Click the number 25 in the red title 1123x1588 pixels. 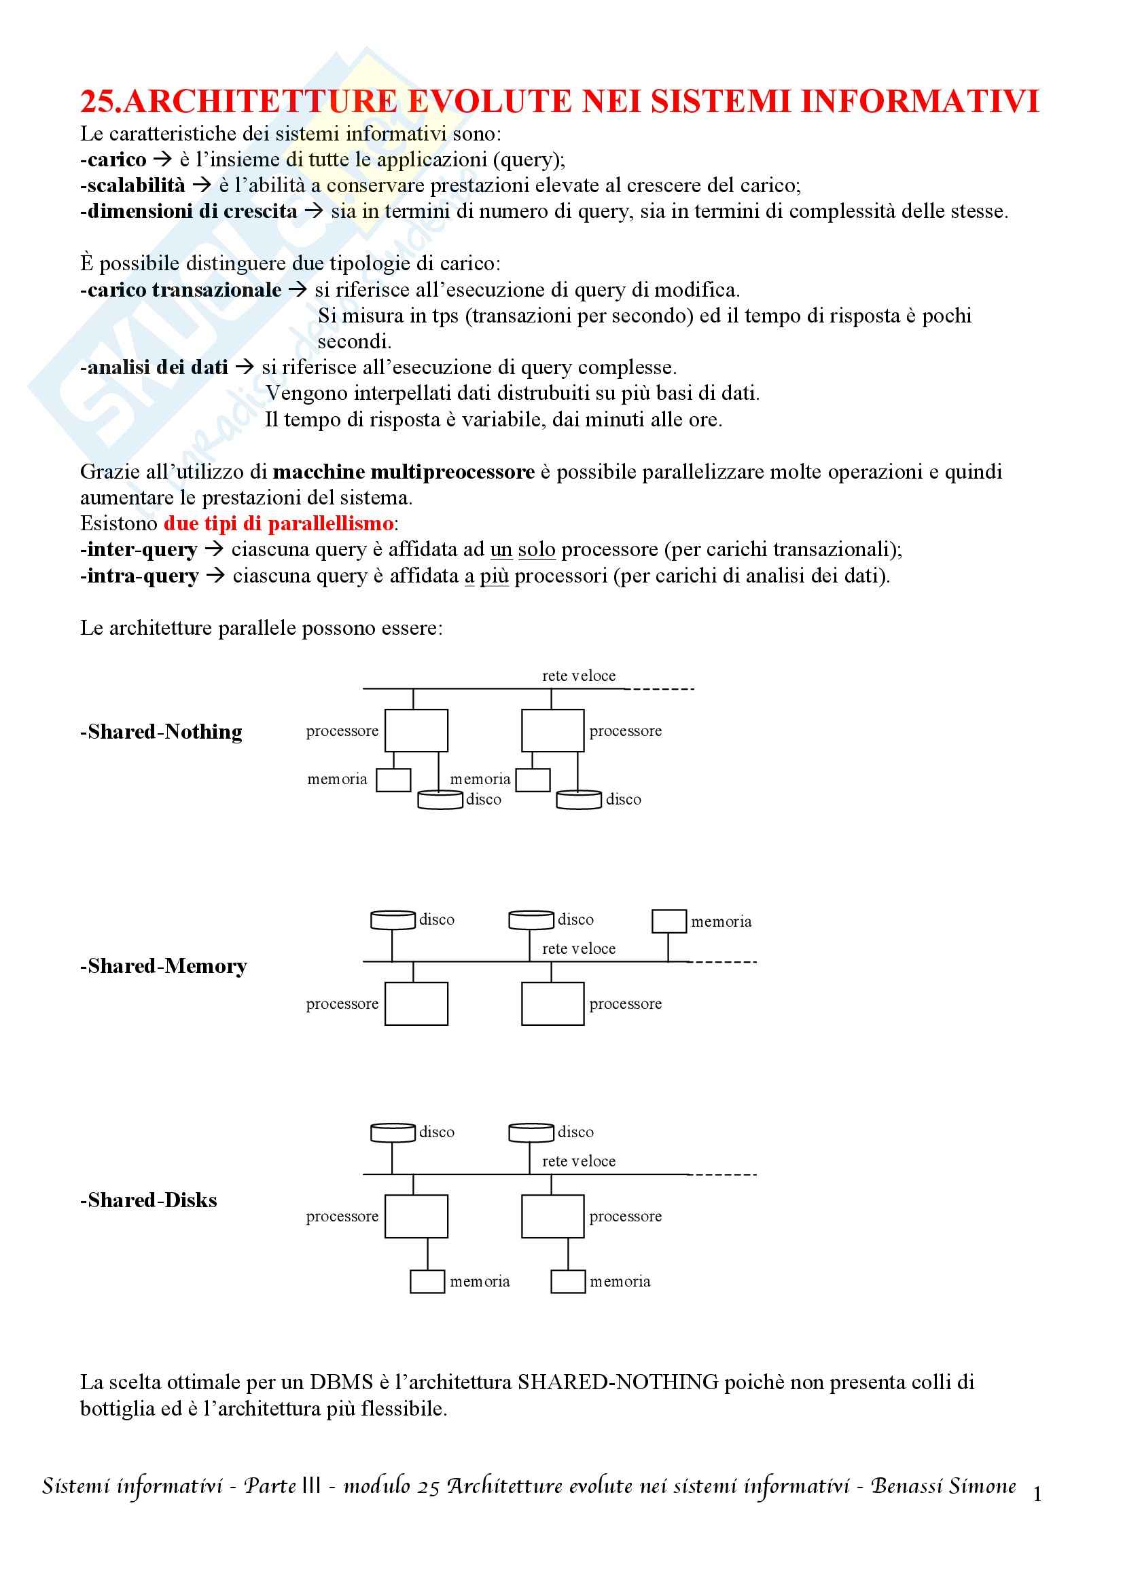pos(96,102)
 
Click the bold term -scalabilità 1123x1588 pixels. pos(133,185)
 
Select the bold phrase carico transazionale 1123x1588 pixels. pos(184,290)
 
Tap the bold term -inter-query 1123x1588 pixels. pos(139,549)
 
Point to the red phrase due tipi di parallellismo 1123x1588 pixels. pos(278,523)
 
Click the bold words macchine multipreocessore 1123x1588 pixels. pos(404,472)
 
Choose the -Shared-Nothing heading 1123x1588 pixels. pos(161,732)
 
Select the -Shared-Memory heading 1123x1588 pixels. pos(163,966)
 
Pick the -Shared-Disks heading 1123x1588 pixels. pos(149,1200)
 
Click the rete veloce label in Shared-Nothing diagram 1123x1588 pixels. pos(578,676)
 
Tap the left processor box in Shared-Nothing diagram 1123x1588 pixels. pos(416,731)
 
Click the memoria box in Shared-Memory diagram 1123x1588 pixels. pos(669,921)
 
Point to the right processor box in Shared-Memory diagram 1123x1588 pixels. pos(552,1003)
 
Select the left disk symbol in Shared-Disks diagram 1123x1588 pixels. pos(392,1132)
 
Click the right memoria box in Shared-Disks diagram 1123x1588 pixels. pos(568,1282)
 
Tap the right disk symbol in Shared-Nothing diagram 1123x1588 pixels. pos(578,800)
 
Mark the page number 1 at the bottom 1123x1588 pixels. pos(1037,1495)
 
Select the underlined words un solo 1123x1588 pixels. pos(522,549)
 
